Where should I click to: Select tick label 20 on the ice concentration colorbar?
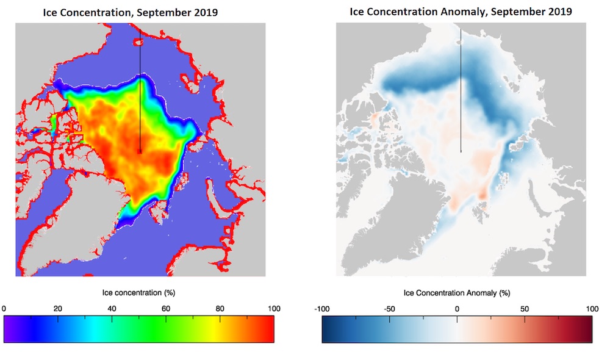[x=58, y=309]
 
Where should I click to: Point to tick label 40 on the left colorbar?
[x=112, y=309]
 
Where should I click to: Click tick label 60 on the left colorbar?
[x=166, y=309]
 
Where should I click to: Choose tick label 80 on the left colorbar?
[x=220, y=309]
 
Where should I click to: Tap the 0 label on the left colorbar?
[x=4, y=309]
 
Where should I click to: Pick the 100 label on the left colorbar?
[x=273, y=309]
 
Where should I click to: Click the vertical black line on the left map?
[x=140, y=92]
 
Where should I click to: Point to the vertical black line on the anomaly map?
[x=461, y=92]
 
